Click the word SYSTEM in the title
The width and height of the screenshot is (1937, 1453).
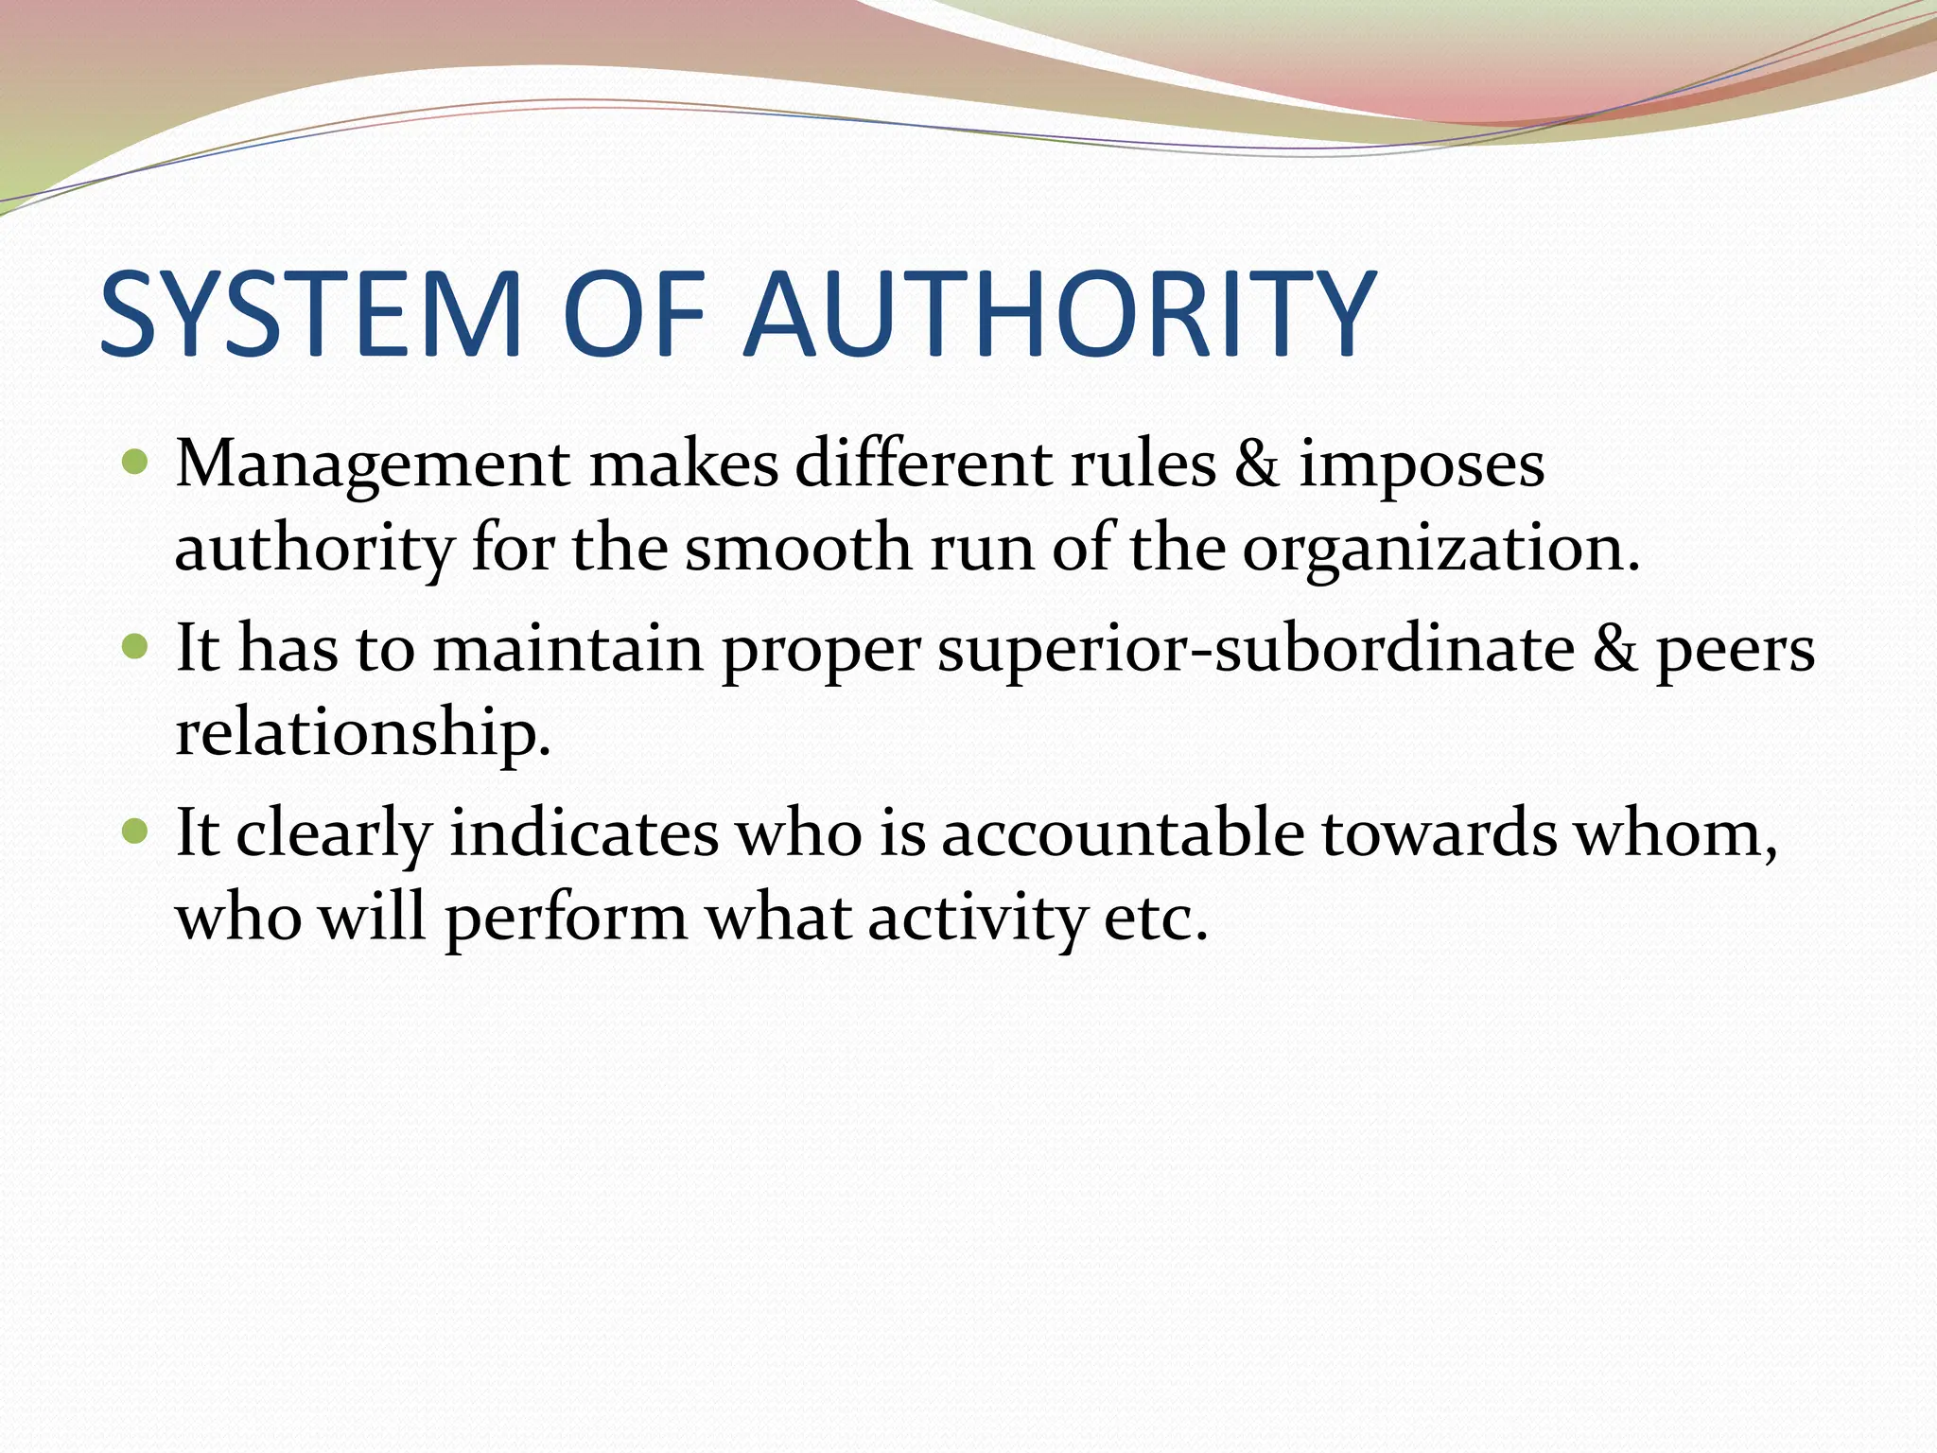pyautogui.click(x=311, y=314)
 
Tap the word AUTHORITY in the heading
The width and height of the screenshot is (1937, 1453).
pyautogui.click(x=1058, y=314)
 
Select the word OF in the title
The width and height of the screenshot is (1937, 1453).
pyautogui.click(x=634, y=314)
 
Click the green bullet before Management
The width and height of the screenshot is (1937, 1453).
pyautogui.click(x=136, y=463)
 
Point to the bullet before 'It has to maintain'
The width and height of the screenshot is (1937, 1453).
pyautogui.click(x=136, y=648)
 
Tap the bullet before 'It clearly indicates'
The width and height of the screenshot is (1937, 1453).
pyautogui.click(x=136, y=832)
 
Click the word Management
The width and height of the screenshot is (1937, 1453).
pyautogui.click(x=373, y=465)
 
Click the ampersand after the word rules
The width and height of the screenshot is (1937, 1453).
pyautogui.click(x=1257, y=464)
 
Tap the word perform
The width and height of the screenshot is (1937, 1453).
pyautogui.click(x=566, y=919)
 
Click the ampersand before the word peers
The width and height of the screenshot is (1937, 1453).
pyautogui.click(x=1614, y=650)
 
